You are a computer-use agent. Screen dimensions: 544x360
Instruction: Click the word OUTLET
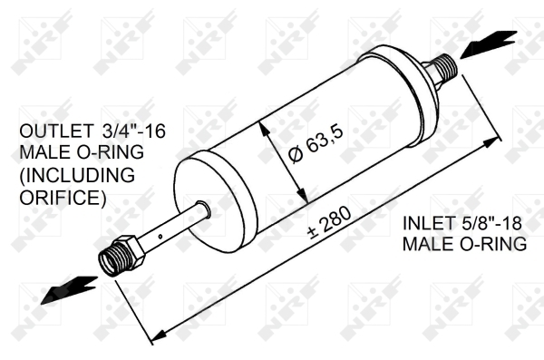(56, 131)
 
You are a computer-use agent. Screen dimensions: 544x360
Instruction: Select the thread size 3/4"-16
(134, 131)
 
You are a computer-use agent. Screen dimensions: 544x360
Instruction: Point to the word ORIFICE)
(63, 197)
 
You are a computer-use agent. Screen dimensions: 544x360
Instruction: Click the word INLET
(429, 223)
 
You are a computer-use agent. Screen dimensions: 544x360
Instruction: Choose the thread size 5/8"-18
(491, 223)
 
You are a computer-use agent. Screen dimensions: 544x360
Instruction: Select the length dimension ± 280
(330, 223)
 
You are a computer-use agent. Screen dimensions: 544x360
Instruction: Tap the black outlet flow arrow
(69, 289)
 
